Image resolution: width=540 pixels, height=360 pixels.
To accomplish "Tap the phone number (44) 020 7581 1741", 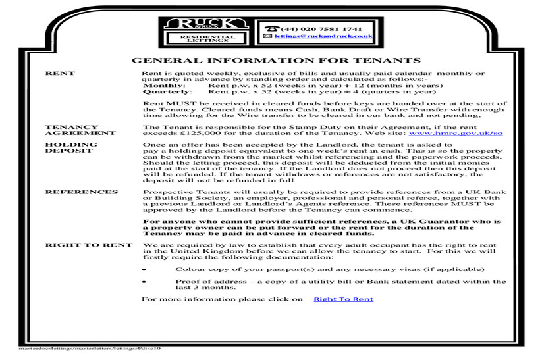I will pos(321,30).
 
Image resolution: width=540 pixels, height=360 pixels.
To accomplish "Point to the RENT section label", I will pos(60,73).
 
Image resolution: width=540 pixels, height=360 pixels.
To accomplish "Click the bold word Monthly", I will pos(164,86).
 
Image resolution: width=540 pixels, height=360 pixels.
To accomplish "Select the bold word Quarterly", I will pos(167,92).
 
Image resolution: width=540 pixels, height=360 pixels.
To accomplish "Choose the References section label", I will pos(81,192).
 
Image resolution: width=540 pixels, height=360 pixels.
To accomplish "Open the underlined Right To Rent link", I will pos(343,299).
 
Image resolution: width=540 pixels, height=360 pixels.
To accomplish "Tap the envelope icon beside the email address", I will pos(267,38).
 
